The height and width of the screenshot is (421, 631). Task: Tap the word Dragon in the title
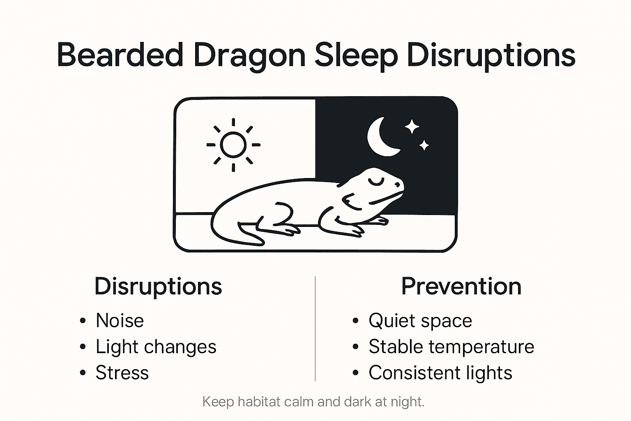(249, 56)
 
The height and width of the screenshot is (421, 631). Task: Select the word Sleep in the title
(356, 56)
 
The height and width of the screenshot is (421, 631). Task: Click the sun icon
(233, 145)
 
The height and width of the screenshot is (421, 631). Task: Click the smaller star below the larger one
(424, 145)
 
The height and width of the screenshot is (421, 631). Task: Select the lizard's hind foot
(288, 229)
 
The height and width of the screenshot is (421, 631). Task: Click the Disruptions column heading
(158, 286)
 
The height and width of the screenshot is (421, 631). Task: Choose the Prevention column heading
(461, 286)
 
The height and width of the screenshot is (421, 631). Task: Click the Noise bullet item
(120, 321)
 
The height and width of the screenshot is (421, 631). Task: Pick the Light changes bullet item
(156, 347)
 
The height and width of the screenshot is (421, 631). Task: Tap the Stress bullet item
(122, 373)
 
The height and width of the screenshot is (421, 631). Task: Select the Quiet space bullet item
(420, 321)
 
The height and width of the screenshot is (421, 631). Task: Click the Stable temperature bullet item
(451, 347)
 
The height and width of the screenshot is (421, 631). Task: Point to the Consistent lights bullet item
(440, 373)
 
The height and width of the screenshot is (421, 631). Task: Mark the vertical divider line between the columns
(315, 329)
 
